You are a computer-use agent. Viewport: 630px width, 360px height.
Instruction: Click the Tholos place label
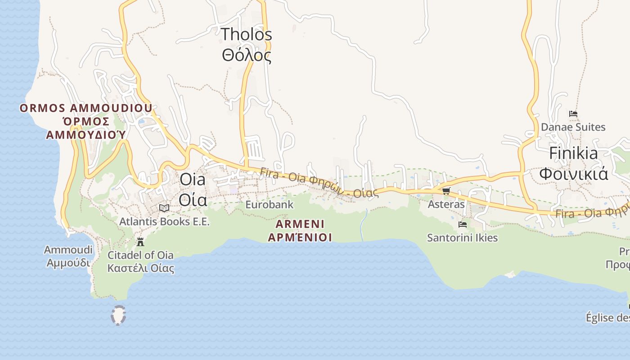coord(247,34)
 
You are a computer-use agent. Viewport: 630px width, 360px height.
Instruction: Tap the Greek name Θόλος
coord(247,55)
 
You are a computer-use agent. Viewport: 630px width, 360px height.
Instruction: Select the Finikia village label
coord(573,153)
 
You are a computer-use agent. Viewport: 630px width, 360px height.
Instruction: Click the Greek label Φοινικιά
coord(573,174)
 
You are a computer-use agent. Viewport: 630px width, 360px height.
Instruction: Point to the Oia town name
coord(193,180)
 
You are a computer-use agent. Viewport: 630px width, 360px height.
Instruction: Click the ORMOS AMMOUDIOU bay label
coord(86,108)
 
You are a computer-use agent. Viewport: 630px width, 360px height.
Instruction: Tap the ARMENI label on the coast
coord(300,224)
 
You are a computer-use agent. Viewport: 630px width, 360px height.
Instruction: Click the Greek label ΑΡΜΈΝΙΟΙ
coord(300,237)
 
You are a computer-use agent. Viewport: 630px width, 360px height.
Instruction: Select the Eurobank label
coord(269,205)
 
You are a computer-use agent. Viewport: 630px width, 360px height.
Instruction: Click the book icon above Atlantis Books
coord(164,208)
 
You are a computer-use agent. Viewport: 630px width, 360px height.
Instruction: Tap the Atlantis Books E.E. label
coord(164,222)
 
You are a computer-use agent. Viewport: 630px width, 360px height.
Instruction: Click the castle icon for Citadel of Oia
coord(140,242)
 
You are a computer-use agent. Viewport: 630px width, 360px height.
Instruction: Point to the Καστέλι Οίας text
coord(140,269)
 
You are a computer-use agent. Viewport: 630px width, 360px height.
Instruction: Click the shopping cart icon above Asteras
coord(446,191)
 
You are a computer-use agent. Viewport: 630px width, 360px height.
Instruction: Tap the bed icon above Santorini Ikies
coord(462,224)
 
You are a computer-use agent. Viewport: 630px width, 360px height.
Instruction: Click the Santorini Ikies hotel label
coord(462,238)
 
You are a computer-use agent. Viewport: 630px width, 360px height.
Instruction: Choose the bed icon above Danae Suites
coord(573,114)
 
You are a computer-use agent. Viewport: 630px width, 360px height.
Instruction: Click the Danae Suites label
coord(573,127)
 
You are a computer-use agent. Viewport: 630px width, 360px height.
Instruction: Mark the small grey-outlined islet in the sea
coord(118,315)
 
